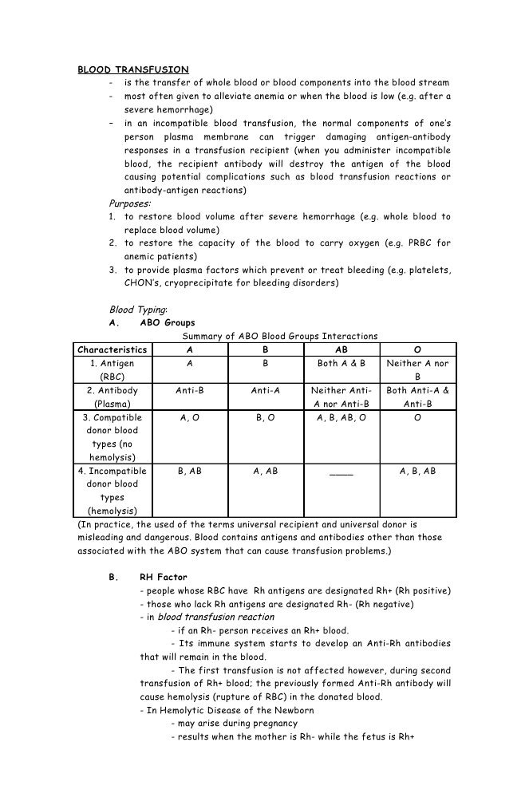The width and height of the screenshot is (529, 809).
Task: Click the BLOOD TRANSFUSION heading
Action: click(x=132, y=69)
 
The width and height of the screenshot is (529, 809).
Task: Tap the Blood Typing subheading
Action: click(x=138, y=310)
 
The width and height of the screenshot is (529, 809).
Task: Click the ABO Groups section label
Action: click(x=167, y=323)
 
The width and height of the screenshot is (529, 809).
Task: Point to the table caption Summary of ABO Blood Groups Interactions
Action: click(x=274, y=336)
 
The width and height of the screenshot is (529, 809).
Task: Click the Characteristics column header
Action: click(x=113, y=349)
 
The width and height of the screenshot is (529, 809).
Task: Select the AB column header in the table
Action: click(x=341, y=349)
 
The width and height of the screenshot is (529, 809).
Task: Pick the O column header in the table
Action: click(x=417, y=349)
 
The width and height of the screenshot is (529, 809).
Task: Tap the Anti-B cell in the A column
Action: click(x=189, y=391)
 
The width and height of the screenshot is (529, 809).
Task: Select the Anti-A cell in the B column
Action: click(x=265, y=391)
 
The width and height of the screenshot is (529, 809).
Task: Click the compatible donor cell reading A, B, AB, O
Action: click(x=341, y=417)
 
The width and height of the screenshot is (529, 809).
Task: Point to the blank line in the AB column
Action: click(x=341, y=472)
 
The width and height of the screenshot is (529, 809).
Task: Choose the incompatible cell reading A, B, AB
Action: click(x=417, y=472)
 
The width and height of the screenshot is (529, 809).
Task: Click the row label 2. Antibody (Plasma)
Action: click(x=113, y=397)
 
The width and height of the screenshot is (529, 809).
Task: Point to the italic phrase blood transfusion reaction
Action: click(x=215, y=617)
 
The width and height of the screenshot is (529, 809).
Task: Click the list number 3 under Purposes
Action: click(x=113, y=270)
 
